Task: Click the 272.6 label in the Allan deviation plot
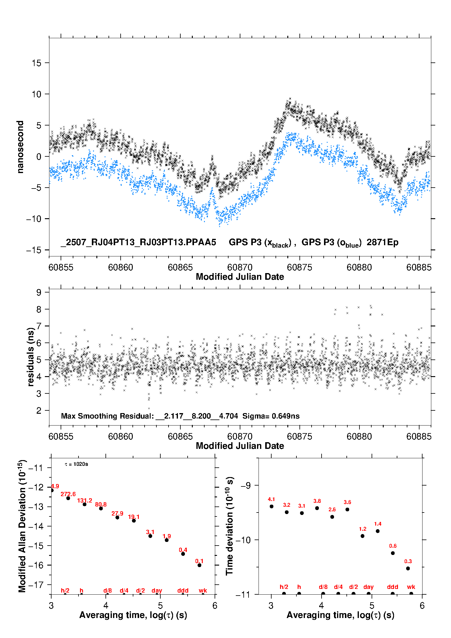(x=68, y=494)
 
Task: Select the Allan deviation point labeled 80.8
(x=101, y=508)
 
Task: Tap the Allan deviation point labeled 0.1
(x=199, y=565)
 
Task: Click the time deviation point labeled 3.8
(x=317, y=508)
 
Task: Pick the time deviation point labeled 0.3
(x=408, y=568)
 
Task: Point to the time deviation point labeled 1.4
(x=378, y=531)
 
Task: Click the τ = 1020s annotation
(x=76, y=464)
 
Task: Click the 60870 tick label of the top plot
(x=240, y=267)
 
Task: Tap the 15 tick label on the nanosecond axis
(x=37, y=63)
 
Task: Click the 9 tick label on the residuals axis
(x=39, y=292)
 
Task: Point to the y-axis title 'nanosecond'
(x=20, y=147)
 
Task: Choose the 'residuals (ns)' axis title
(x=31, y=357)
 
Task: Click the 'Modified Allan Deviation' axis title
(x=22, y=526)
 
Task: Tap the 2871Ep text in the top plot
(x=383, y=242)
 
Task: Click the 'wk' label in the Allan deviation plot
(x=203, y=590)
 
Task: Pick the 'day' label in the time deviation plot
(x=369, y=587)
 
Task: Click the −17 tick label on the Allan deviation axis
(x=36, y=585)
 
